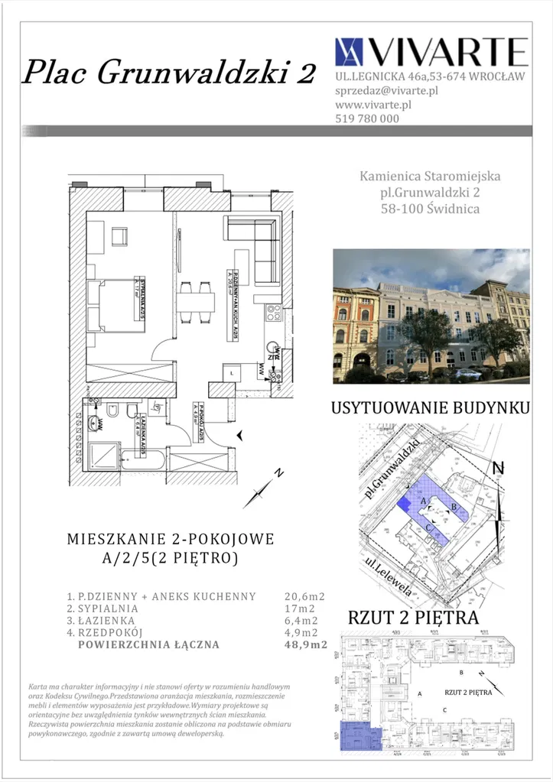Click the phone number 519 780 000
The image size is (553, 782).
pyautogui.click(x=367, y=118)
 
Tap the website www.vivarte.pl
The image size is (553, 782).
pyautogui.click(x=374, y=104)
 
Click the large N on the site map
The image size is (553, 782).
pyautogui.click(x=498, y=467)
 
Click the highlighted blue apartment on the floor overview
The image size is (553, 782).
pyautogui.click(x=359, y=738)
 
